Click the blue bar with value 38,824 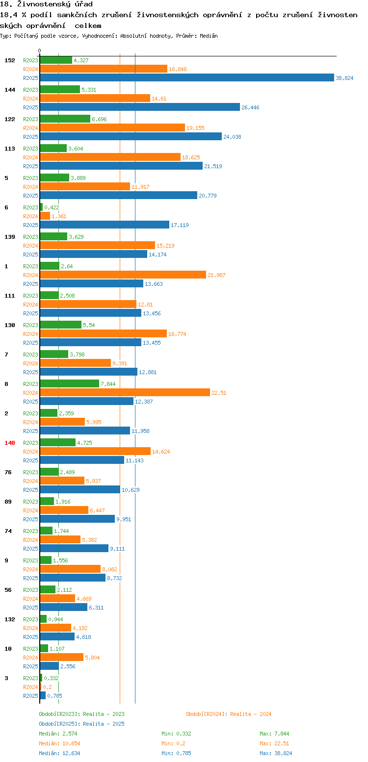point(187,78)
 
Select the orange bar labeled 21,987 point(123,275)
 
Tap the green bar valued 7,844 point(70,384)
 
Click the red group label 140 point(10,443)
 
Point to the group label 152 point(10,60)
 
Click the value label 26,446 point(250,107)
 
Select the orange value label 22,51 point(219,393)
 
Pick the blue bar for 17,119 point(105,225)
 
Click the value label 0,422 point(52,207)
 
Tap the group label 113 point(10,149)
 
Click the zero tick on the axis point(39,51)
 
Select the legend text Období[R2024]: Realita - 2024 point(229,714)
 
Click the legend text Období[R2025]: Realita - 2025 point(82,724)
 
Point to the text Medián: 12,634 point(59,753)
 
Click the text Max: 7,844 point(274,734)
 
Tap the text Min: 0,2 point(173,743)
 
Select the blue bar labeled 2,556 point(50,666)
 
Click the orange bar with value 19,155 point(112,128)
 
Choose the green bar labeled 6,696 point(65,119)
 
